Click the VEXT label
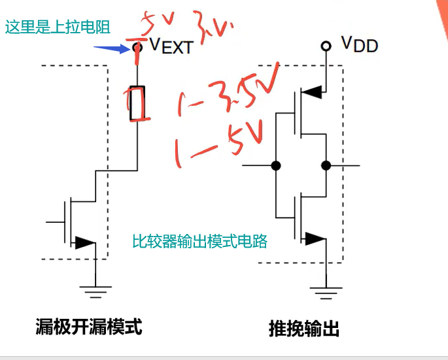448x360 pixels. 171,46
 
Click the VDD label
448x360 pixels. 359,45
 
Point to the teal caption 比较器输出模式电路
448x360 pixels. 199,241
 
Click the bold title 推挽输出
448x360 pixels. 304,328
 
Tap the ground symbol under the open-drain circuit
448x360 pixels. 95,290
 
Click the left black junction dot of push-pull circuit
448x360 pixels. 276,165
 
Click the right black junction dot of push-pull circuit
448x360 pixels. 325,165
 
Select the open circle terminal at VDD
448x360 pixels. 325,46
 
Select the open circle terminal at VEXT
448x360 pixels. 137,46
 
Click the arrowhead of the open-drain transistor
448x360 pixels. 84,243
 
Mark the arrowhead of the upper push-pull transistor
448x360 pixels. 313,92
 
